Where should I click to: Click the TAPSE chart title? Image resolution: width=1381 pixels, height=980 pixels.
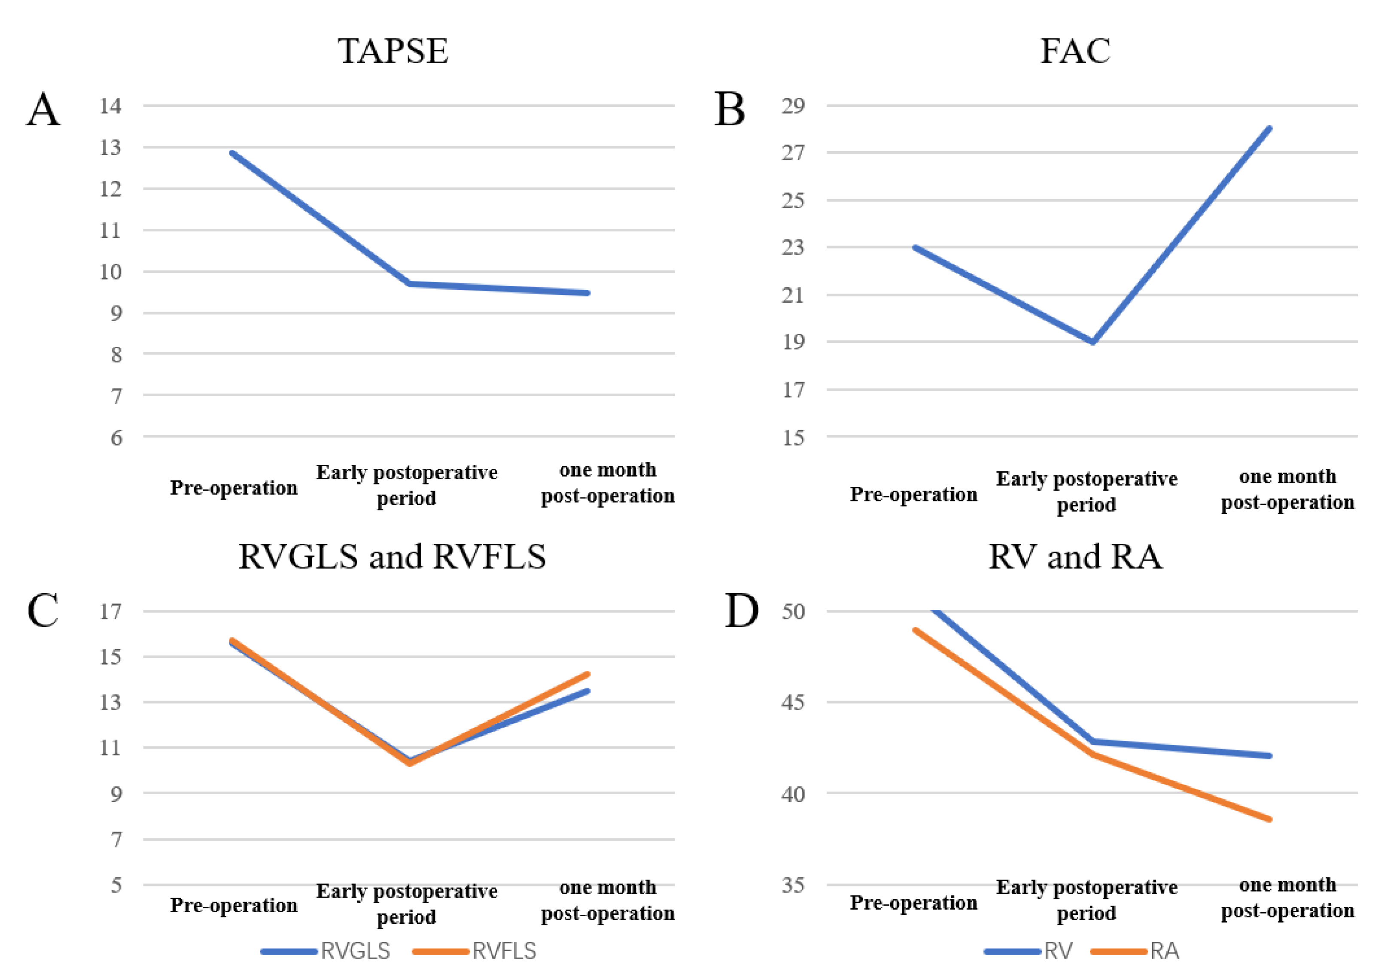[392, 51]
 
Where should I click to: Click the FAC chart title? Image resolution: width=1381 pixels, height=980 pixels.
[1074, 51]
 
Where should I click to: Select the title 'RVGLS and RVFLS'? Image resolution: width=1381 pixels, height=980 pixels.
[392, 556]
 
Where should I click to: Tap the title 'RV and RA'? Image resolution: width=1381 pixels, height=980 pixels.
[1074, 556]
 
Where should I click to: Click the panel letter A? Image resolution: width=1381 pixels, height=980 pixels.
[43, 110]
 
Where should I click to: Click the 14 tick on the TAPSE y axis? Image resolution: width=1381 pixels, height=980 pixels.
[110, 106]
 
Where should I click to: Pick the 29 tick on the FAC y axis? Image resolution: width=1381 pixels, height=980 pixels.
[793, 106]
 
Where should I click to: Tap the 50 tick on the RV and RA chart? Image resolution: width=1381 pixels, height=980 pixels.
[793, 611]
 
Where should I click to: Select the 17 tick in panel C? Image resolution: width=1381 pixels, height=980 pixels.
[110, 611]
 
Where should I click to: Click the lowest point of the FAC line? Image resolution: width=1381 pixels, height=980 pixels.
[1092, 342]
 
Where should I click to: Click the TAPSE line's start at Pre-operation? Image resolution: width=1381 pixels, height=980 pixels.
[232, 153]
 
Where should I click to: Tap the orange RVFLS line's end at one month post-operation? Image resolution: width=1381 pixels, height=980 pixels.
[587, 674]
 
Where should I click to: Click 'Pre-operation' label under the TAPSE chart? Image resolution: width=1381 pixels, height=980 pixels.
[234, 488]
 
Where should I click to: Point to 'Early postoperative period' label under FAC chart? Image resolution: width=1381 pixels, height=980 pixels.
[1086, 491]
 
